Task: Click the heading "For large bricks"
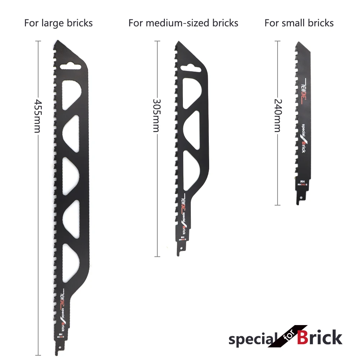[58, 23]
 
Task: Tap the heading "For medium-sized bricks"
[183, 23]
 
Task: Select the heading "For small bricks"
[299, 23]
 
